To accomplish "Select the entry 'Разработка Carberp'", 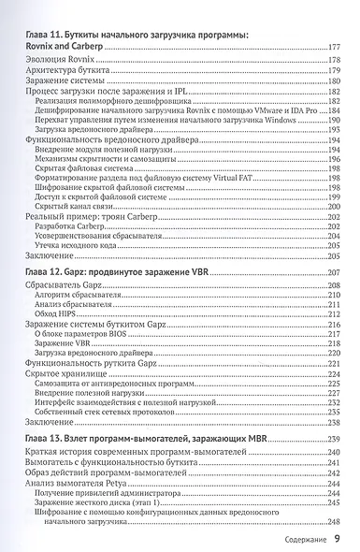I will point(71,227).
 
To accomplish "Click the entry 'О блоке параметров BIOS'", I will point(82,335).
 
